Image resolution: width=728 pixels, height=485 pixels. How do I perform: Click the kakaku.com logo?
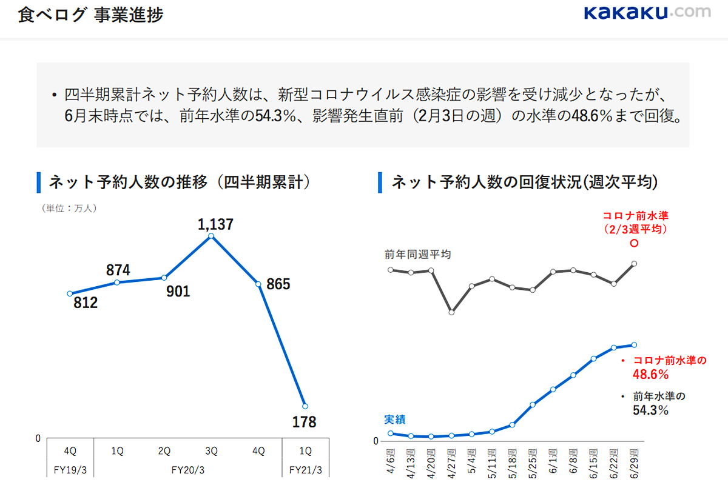647,13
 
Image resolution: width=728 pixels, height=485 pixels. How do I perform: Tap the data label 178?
304,422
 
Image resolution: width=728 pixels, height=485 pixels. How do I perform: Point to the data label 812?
86,303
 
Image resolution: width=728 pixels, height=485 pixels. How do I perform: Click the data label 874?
118,270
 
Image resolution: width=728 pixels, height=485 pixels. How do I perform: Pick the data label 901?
178,292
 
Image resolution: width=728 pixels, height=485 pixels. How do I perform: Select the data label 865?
278,284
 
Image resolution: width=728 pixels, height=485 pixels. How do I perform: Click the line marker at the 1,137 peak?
211,236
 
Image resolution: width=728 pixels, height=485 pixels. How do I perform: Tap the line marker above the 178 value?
305,406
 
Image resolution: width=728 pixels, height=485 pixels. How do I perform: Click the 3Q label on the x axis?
211,451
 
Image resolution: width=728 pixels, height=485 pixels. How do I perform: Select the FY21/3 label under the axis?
306,470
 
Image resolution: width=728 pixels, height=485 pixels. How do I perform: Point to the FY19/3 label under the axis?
70,470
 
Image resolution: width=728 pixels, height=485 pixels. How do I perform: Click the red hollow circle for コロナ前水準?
635,244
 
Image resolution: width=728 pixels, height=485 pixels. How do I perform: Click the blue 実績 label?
395,420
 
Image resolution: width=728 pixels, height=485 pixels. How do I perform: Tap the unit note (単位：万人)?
69,208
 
